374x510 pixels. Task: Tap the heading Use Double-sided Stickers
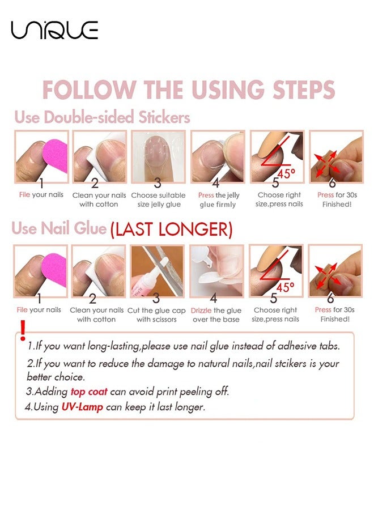102,117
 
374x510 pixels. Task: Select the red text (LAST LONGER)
171,229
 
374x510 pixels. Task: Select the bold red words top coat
88,392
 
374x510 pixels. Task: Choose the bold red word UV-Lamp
82,407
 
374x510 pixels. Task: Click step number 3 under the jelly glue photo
158,183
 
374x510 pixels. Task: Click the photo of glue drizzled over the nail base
217,270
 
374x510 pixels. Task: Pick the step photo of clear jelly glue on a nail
158,156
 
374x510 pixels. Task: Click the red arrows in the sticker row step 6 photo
326,161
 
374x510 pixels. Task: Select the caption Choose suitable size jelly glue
158,199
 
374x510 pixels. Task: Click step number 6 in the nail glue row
330,297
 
